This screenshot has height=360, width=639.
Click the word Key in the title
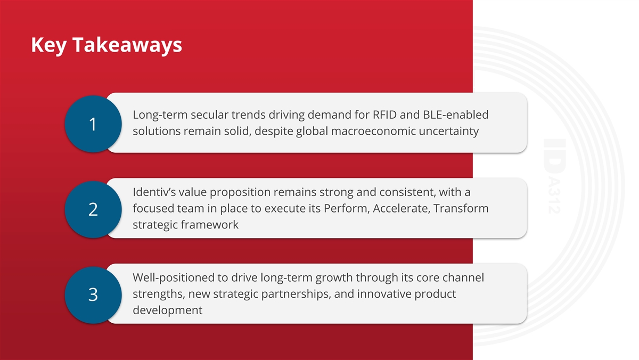(x=49, y=45)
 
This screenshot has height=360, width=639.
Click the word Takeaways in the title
(x=127, y=45)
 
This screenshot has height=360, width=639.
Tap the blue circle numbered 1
(x=93, y=124)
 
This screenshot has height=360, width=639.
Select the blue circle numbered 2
(x=93, y=209)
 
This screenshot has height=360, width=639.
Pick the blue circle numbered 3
(x=93, y=295)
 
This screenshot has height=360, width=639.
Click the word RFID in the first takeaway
(x=384, y=114)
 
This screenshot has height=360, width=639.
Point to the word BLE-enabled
(x=456, y=114)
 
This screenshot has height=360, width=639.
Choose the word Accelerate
(x=402, y=209)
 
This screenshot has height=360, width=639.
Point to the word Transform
(x=461, y=209)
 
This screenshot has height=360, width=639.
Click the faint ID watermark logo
(x=555, y=176)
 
